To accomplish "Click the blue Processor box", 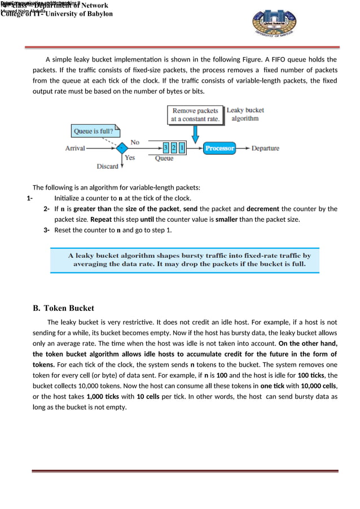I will pyautogui.click(x=219, y=148).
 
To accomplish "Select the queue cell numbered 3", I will pyautogui.click(x=165, y=148).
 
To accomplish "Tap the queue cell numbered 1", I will pyautogui.click(x=182, y=148).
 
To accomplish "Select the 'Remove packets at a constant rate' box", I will pyautogui.click(x=196, y=115).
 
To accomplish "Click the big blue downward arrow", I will pyautogui.click(x=196, y=134).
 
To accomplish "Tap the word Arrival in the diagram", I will pyautogui.click(x=75, y=148).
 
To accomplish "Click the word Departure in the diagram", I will pyautogui.click(x=265, y=148).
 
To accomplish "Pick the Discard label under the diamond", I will pyautogui.click(x=107, y=166).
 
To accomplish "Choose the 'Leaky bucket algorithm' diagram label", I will pyautogui.click(x=245, y=114).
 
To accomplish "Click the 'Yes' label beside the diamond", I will pyautogui.click(x=130, y=158).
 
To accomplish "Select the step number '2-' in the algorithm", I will pyautogui.click(x=47, y=209).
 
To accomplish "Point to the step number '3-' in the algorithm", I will pyautogui.click(x=47, y=230).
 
